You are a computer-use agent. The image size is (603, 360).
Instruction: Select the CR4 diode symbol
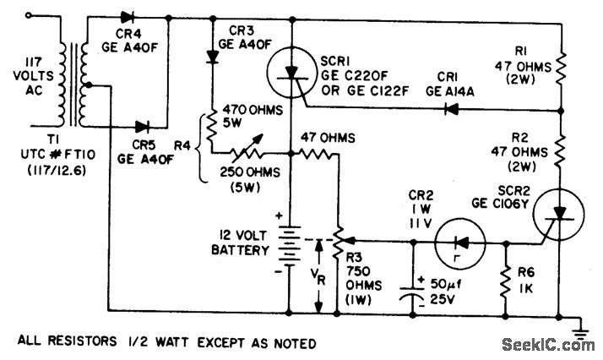tap(128, 17)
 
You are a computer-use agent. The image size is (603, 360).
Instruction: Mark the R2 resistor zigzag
tap(562, 148)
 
